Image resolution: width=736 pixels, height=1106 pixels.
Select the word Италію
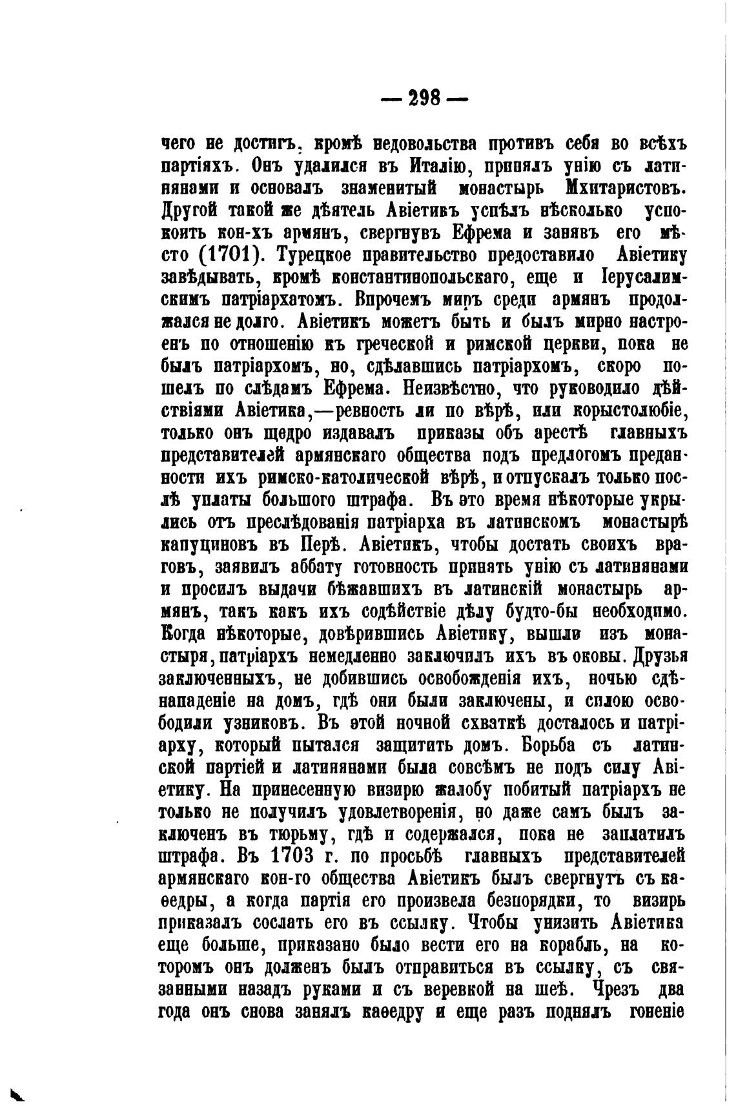click(x=439, y=165)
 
